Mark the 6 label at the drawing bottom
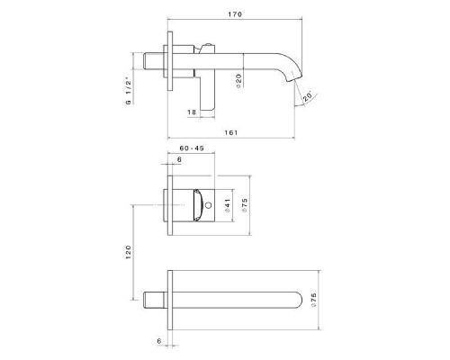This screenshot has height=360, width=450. coord(159,341)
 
